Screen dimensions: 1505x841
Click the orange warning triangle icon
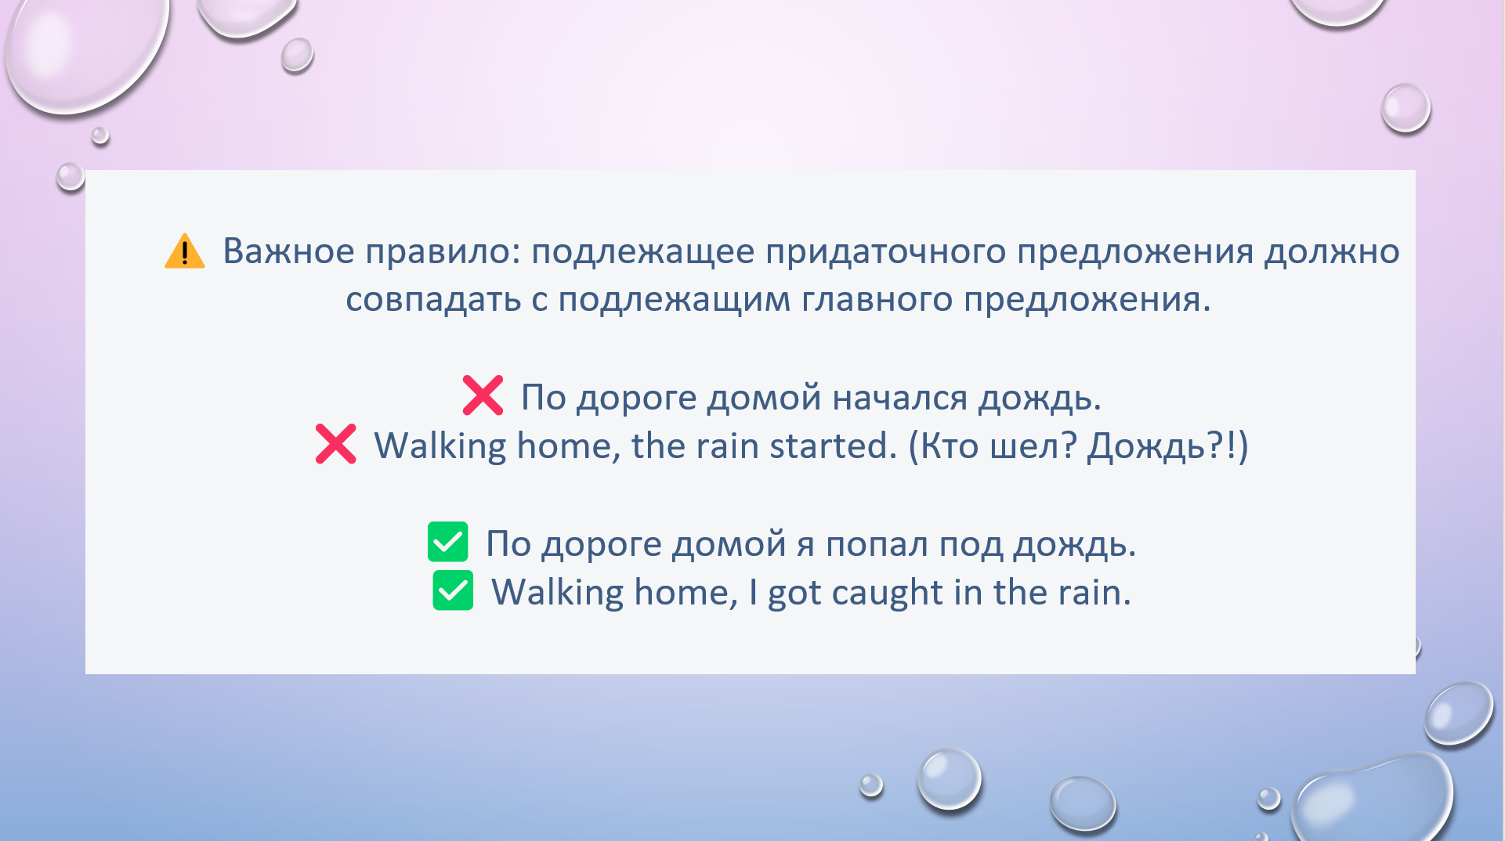pos(185,251)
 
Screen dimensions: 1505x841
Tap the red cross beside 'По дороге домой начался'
pos(483,395)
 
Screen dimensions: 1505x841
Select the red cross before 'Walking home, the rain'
pos(336,444)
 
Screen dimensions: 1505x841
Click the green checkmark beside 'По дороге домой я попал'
pos(448,542)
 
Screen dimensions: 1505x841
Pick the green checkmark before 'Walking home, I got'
pos(453,590)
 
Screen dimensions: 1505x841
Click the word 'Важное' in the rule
pos(289,251)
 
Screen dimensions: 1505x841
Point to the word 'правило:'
pos(443,252)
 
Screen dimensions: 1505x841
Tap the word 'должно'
pos(1332,252)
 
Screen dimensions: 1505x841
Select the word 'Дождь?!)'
pos(1168,446)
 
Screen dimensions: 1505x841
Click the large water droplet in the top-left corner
pos(86,51)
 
